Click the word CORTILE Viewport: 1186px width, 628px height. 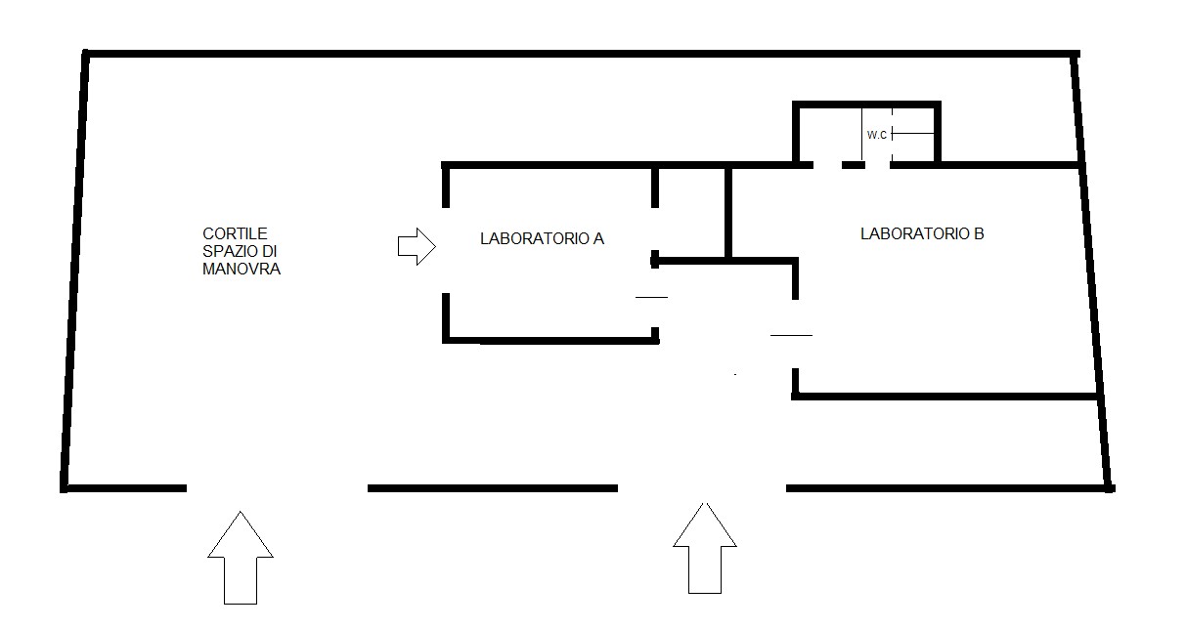coord(235,233)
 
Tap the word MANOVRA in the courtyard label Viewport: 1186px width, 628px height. coord(241,269)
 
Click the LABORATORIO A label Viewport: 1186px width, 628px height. coord(542,238)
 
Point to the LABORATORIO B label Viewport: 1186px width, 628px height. coord(922,233)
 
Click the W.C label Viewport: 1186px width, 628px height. coord(876,135)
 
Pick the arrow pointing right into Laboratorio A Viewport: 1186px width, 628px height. coord(417,246)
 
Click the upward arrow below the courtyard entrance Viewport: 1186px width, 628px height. coord(241,558)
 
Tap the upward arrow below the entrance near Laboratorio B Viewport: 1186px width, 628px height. coord(705,548)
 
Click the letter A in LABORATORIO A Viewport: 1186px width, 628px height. coord(598,238)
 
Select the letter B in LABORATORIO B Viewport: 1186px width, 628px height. coord(979,233)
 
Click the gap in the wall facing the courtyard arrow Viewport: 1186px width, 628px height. coord(446,250)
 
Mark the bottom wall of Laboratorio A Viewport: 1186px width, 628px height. coord(550,340)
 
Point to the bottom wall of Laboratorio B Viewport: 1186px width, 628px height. coord(944,397)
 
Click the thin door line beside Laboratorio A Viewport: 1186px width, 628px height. coord(651,297)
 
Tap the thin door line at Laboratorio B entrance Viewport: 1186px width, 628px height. coord(791,335)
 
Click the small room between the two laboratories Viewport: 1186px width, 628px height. coord(691,213)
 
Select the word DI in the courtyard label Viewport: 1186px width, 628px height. coord(270,251)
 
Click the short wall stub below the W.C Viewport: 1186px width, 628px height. coord(853,166)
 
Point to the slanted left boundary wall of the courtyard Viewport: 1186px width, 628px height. coord(74,271)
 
